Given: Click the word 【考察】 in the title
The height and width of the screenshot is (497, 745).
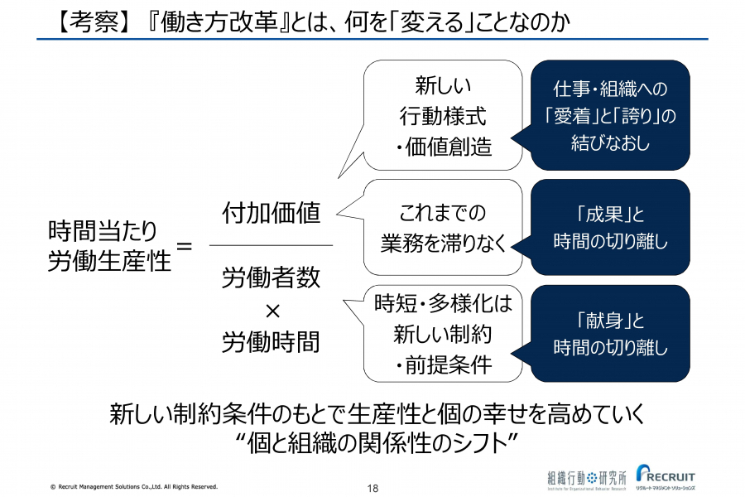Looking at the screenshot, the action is click(x=89, y=21).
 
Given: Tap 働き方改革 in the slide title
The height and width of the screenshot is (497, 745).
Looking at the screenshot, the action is click(x=219, y=21).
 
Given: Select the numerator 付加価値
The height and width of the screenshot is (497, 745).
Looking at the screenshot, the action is click(x=272, y=213).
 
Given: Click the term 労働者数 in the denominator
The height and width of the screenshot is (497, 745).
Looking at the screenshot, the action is click(x=272, y=277).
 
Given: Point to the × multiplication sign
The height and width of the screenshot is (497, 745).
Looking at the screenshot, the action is click(x=272, y=311).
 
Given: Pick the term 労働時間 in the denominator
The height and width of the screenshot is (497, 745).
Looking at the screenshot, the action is click(x=272, y=341).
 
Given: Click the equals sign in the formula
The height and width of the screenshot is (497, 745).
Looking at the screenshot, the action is click(x=185, y=246).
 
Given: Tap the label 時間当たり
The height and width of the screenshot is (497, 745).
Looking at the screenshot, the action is click(x=103, y=231).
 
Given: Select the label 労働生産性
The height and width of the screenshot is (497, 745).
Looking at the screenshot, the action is click(x=110, y=261).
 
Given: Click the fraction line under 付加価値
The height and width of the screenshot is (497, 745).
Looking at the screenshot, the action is click(x=272, y=245).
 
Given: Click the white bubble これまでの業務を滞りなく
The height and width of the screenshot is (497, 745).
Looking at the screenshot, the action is click(x=444, y=227).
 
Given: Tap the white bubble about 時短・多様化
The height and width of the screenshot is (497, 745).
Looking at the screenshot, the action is click(x=444, y=333).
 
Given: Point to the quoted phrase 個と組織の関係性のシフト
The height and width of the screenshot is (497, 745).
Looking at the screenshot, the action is click(x=378, y=443).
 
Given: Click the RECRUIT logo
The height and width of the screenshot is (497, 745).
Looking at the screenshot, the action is click(x=666, y=476).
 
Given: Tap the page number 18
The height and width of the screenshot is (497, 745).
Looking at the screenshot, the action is click(x=373, y=488).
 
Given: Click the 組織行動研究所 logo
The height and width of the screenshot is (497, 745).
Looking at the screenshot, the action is click(x=587, y=480).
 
